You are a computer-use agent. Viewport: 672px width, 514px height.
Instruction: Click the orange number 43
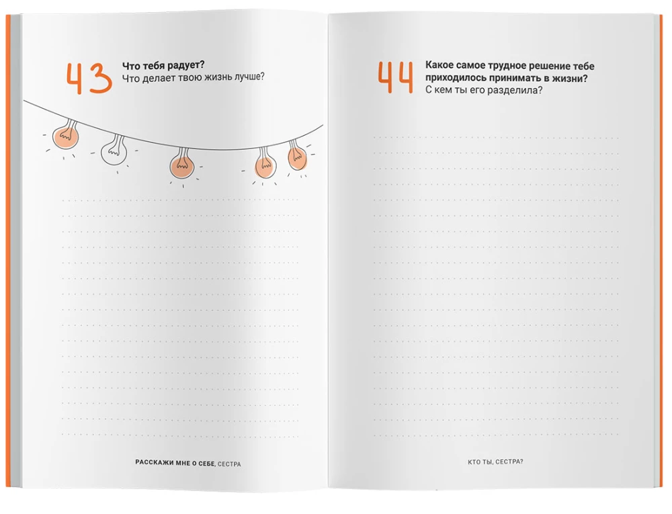(x=89, y=79)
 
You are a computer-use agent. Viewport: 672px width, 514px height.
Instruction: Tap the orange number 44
(x=396, y=77)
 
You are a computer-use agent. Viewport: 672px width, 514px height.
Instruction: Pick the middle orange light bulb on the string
(x=181, y=163)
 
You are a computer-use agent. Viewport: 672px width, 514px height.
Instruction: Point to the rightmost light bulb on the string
(x=296, y=155)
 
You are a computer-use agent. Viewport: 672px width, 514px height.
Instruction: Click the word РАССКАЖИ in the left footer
(x=155, y=462)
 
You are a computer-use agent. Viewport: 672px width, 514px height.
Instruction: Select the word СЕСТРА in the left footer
(x=229, y=464)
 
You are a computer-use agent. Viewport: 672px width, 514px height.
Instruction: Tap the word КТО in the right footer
(x=474, y=462)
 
